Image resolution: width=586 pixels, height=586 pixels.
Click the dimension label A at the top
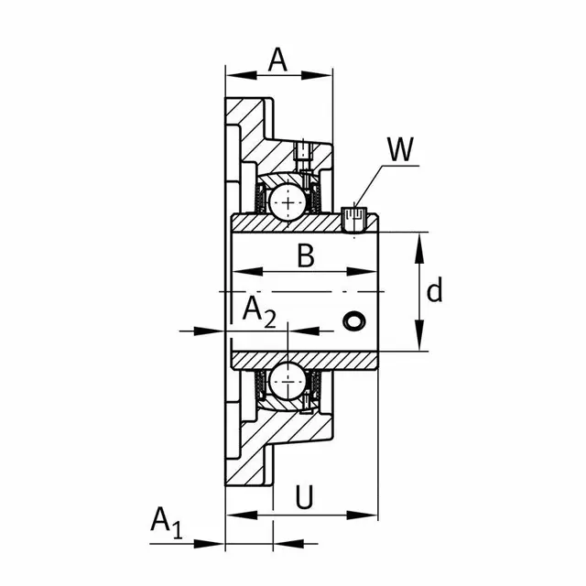pos(277,60)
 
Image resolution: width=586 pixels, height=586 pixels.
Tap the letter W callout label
pos(400,149)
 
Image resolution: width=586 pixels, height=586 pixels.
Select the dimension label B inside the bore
pos(305,255)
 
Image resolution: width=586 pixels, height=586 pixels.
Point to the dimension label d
pos(435,289)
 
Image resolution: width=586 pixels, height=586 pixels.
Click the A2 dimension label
pos(259,312)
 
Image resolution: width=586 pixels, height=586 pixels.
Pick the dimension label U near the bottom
pos(304,497)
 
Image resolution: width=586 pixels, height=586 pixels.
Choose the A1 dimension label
pos(167,523)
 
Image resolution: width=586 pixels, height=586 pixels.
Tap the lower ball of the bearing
pos(288,381)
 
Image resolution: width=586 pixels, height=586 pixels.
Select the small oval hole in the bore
pos(354,320)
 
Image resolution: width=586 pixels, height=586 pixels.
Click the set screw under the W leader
pos(354,220)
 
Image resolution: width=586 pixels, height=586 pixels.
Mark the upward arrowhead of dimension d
pos(419,248)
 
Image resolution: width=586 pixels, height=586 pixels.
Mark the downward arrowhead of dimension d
pos(419,335)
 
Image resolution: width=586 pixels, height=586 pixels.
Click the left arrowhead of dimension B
pos(247,271)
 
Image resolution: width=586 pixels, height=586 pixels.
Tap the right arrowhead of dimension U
pos(363,515)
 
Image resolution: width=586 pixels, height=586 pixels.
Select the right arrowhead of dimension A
pos(317,75)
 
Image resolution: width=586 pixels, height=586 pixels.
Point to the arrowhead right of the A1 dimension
pos(288,544)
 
